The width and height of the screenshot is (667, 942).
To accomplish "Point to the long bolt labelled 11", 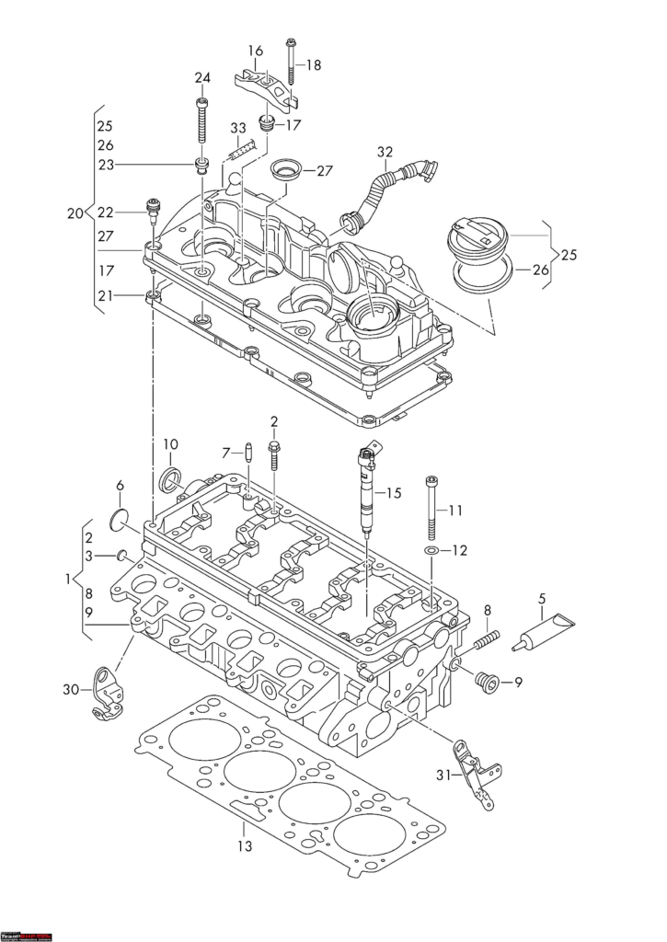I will click(431, 511).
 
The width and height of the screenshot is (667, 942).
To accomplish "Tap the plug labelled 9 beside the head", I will click(487, 682).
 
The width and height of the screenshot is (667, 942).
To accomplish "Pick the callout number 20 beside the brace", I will click(75, 213).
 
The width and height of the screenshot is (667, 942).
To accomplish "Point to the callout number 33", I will click(238, 128).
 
